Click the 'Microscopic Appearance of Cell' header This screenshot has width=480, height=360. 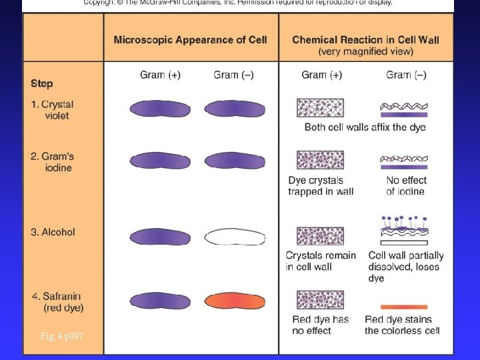(190, 40)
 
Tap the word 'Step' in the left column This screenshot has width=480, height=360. (41, 84)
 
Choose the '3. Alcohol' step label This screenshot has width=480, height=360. (53, 233)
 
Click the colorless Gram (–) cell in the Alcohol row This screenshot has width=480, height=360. (234, 237)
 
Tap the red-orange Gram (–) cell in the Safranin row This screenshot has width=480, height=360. (234, 301)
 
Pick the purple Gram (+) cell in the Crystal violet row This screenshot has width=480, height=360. (160, 109)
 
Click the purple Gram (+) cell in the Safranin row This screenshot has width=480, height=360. (160, 301)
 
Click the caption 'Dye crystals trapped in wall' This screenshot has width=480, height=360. (321, 186)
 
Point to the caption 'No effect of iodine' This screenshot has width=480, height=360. (406, 186)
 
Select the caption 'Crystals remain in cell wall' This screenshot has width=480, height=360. (321, 261)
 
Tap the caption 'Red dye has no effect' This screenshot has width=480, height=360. (321, 325)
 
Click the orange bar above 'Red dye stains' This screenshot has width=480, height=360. (403, 307)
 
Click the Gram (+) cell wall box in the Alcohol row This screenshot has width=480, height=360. (320, 236)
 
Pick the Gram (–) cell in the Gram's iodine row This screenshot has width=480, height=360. (234, 161)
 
